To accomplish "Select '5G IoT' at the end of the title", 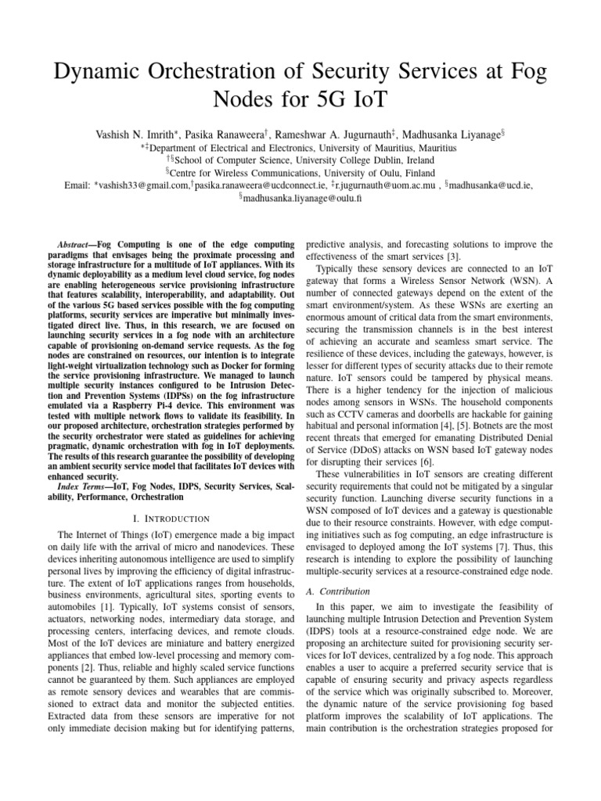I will (x=361, y=102).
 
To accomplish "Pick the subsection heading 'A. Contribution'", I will (x=339, y=591).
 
